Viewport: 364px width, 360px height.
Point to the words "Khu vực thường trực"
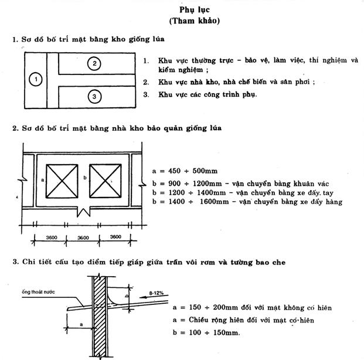tap(188, 60)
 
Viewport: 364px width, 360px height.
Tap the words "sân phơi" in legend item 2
tap(296, 81)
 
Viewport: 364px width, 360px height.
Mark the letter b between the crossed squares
tap(86, 176)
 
